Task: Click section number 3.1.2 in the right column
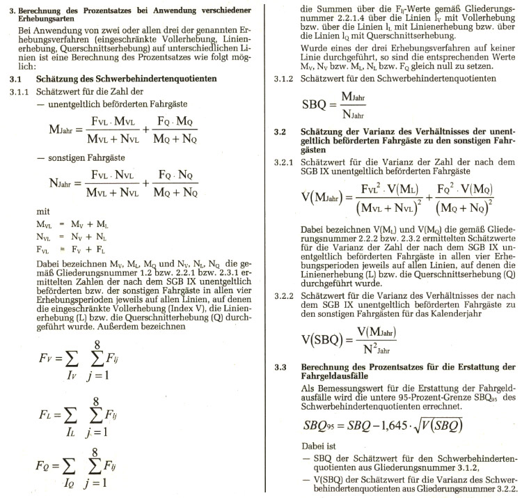point(287,79)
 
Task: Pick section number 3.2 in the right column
point(281,131)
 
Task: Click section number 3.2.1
point(287,162)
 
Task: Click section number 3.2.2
point(287,297)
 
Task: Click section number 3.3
point(281,367)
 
